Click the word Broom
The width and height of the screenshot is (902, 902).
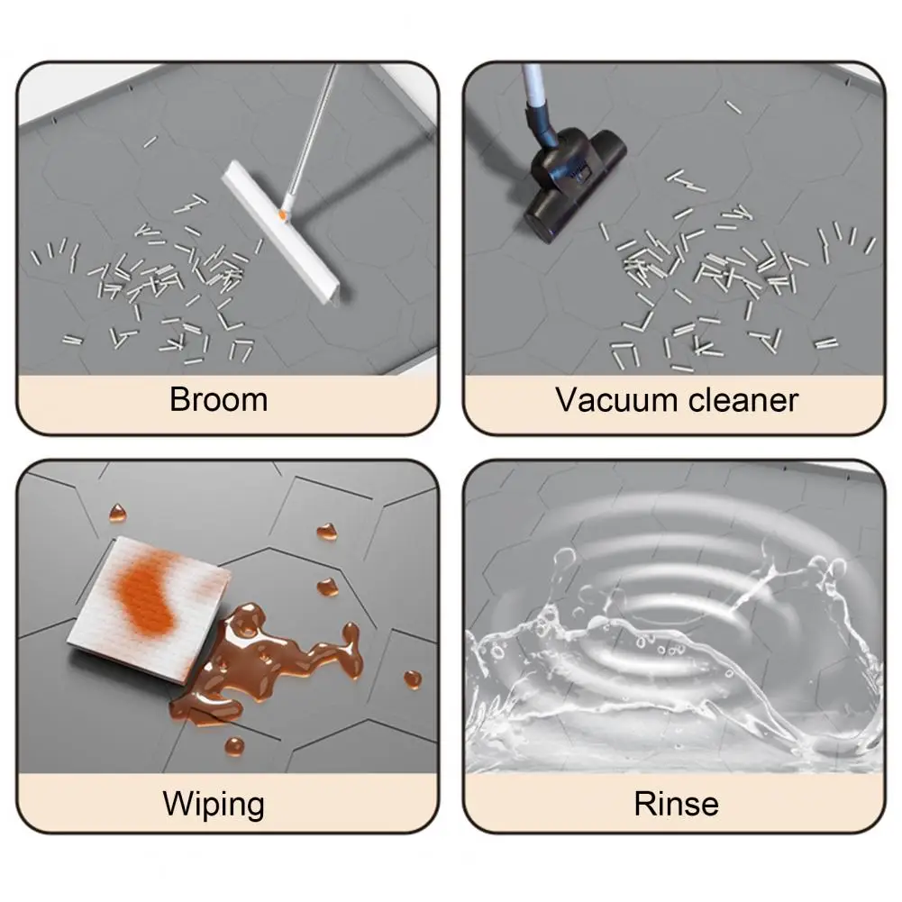click(219, 399)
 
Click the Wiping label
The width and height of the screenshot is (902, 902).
click(214, 804)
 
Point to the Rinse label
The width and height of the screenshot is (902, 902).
click(677, 804)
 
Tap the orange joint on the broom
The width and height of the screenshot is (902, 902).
click(282, 214)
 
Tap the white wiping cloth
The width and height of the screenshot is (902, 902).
click(150, 609)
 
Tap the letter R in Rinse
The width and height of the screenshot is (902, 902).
click(645, 804)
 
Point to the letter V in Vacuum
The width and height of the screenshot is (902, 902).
click(568, 399)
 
